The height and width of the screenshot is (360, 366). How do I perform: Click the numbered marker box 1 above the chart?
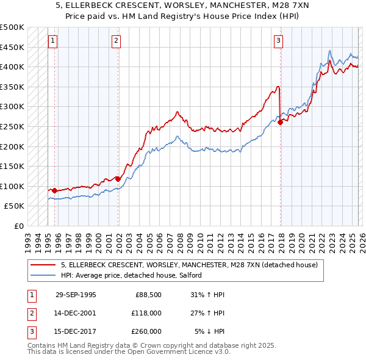(x=52, y=41)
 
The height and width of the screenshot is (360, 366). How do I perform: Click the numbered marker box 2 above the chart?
(x=116, y=41)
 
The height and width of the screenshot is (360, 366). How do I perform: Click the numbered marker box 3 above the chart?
(x=278, y=41)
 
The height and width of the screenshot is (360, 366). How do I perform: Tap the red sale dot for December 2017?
(x=280, y=122)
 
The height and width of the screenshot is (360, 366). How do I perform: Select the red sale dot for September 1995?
(x=54, y=190)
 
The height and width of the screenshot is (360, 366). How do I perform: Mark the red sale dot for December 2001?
(x=118, y=179)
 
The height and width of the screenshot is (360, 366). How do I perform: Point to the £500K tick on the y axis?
(x=12, y=27)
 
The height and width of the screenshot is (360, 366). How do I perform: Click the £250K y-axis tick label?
(x=12, y=126)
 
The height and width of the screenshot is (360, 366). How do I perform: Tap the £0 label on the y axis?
(x=19, y=226)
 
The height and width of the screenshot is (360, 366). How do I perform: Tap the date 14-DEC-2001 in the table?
(x=76, y=313)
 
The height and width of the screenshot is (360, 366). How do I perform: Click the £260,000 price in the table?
(x=146, y=331)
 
